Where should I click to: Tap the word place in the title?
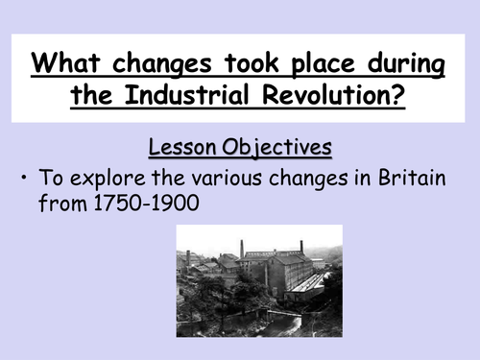(x=305, y=67)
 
